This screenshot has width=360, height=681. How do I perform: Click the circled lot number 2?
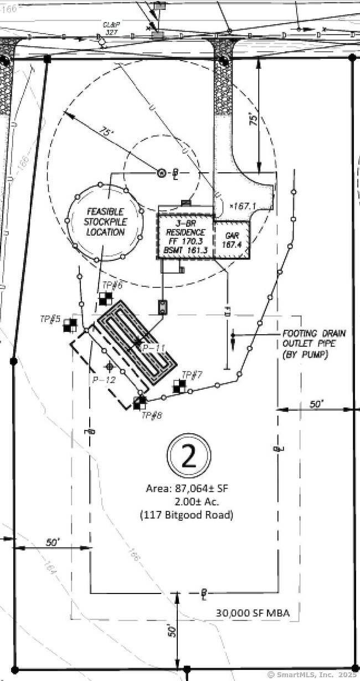click(189, 456)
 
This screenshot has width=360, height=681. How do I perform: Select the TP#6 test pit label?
click(112, 285)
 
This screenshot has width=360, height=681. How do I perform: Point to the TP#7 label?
click(192, 375)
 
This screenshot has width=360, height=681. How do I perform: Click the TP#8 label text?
click(152, 415)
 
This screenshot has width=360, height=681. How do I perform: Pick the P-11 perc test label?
click(153, 348)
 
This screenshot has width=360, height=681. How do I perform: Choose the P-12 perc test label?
click(104, 380)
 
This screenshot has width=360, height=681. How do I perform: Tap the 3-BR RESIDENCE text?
click(186, 228)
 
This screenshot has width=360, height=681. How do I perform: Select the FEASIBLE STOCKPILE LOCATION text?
click(105, 222)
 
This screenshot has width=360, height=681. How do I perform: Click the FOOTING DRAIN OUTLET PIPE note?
click(313, 344)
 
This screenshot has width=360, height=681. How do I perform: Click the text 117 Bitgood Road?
click(186, 515)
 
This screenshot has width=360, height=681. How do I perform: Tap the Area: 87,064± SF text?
click(186, 489)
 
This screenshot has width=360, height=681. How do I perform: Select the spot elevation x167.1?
click(243, 206)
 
